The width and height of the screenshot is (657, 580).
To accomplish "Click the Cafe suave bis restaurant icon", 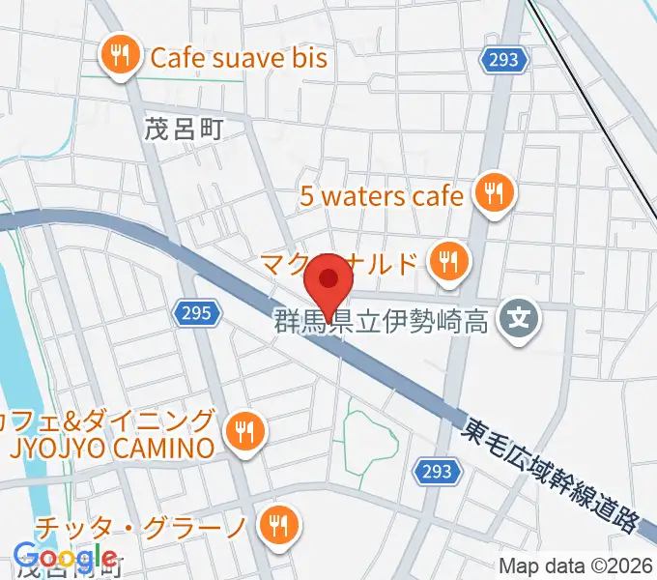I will pyautogui.click(x=121, y=57).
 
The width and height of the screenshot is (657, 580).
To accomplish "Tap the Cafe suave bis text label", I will pyautogui.click(x=239, y=58).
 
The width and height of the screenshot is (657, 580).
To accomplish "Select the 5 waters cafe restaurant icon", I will pyautogui.click(x=495, y=195).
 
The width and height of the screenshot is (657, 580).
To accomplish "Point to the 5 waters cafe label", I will pyautogui.click(x=382, y=196).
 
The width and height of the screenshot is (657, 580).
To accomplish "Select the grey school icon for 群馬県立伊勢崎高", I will pyautogui.click(x=520, y=316).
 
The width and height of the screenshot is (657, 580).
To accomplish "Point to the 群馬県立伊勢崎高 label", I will pyautogui.click(x=379, y=322).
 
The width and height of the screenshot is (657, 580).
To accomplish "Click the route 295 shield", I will pyautogui.click(x=199, y=312).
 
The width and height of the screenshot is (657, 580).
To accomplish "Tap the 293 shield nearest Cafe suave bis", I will pyautogui.click(x=502, y=61).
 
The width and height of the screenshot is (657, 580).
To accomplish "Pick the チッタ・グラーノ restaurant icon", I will pyautogui.click(x=281, y=525).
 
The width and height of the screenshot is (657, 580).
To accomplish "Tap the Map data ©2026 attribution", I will pyautogui.click(x=577, y=566).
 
